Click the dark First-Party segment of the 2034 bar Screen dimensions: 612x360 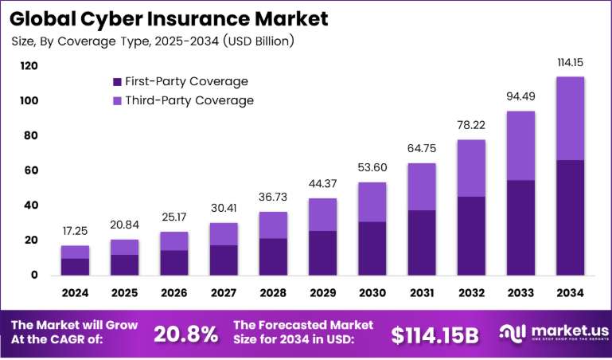point(571,217)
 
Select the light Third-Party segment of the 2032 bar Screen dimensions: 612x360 point(471,168)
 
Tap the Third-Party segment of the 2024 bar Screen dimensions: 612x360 point(75,252)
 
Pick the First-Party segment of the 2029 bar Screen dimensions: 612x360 point(323,253)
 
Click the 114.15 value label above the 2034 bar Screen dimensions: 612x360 point(571,62)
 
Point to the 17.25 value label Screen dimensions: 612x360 point(75,231)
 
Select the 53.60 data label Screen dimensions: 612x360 point(372,167)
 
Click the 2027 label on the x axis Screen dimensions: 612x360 point(224,293)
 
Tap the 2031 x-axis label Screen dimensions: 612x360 point(422,293)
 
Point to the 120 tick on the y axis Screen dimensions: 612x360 point(29,66)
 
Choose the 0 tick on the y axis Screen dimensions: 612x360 point(34,275)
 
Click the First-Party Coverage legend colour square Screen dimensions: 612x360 point(117,82)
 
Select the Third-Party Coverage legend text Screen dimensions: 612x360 point(189,100)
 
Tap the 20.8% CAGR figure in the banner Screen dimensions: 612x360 point(185,335)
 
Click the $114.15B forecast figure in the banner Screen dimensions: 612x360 point(435,335)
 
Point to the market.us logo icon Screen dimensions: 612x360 point(512,332)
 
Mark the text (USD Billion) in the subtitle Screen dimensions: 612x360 point(258,41)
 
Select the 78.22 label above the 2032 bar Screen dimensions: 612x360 point(471,125)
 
